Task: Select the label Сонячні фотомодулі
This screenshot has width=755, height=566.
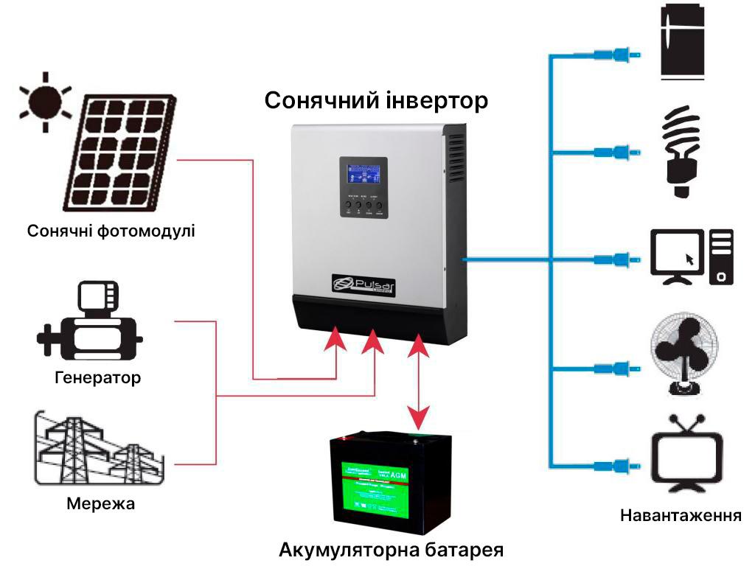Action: pyautogui.click(x=111, y=231)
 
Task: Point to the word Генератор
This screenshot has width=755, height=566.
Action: pyautogui.click(x=97, y=378)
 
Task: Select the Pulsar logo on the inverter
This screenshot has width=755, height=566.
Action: pyautogui.click(x=364, y=284)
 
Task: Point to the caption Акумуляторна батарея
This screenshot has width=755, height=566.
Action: pyautogui.click(x=391, y=550)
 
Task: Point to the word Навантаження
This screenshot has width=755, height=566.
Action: pyautogui.click(x=681, y=514)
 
